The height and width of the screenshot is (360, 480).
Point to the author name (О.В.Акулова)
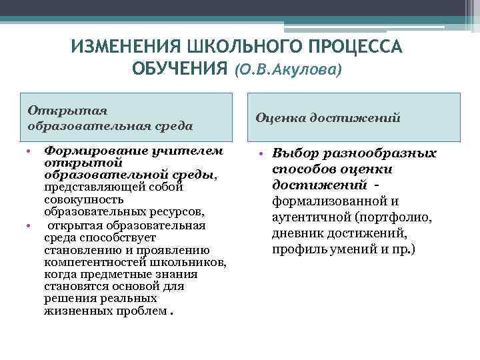pos(286,69)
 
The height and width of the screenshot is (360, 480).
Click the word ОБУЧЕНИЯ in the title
pos(179,68)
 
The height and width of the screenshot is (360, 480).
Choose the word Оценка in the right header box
pos(277,117)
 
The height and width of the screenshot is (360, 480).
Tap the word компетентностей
pos(94,262)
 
